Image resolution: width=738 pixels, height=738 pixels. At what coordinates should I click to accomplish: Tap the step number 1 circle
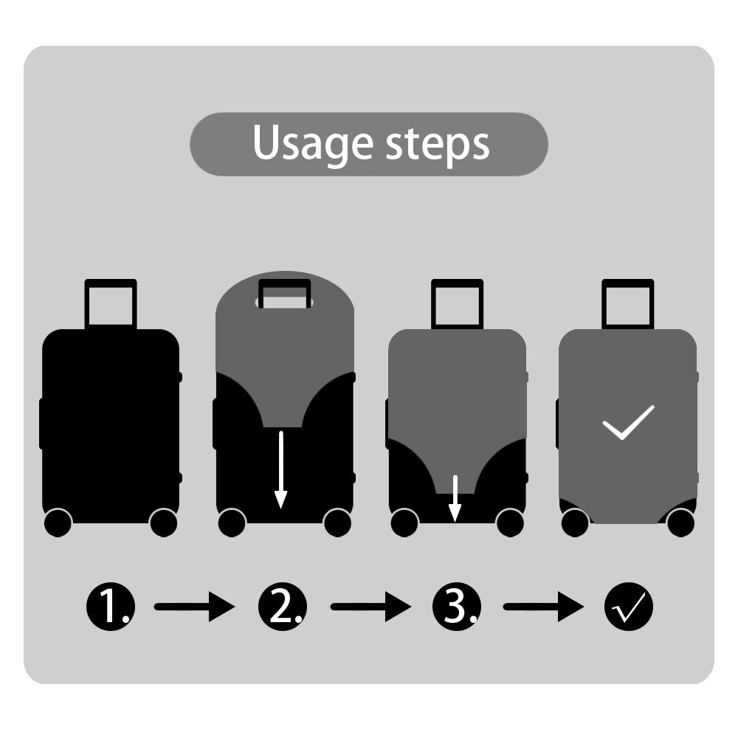click(x=111, y=607)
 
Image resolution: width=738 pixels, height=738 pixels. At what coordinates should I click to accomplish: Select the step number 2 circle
click(x=283, y=607)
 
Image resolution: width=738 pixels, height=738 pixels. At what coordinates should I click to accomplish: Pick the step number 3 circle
click(x=457, y=607)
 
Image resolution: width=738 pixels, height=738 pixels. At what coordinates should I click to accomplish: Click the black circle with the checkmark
click(x=629, y=607)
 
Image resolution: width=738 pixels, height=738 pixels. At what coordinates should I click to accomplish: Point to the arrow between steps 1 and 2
click(x=194, y=607)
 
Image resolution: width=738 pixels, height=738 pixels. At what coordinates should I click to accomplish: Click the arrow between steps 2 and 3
click(x=371, y=607)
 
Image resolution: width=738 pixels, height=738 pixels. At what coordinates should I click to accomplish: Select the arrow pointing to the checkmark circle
click(x=544, y=607)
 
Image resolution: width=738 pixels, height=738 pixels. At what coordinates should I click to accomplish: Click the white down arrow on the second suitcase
click(x=281, y=469)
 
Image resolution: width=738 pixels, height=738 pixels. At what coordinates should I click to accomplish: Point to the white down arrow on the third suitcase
click(x=455, y=499)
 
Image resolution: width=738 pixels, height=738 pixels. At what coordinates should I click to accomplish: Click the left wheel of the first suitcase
click(x=58, y=523)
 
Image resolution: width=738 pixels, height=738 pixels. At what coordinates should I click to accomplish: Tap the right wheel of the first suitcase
click(x=163, y=523)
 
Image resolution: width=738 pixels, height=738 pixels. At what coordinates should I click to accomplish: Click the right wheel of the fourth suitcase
click(x=680, y=523)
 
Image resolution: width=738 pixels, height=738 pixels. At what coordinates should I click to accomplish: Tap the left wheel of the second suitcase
click(x=232, y=523)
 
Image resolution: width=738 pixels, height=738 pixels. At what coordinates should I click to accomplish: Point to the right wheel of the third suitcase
click(x=510, y=523)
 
